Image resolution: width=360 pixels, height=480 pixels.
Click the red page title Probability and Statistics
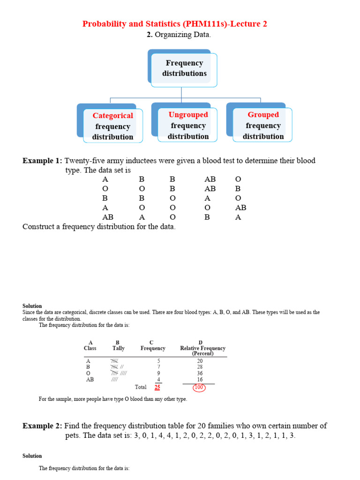pyautogui.click(x=175, y=24)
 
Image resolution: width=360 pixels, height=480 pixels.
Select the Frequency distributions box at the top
pyautogui.click(x=184, y=68)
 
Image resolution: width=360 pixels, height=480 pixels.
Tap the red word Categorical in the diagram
pyautogui.click(x=112, y=116)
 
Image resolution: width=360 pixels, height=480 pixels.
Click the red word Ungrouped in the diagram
pyautogui.click(x=188, y=115)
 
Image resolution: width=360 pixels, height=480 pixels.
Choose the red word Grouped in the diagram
pyautogui.click(x=263, y=115)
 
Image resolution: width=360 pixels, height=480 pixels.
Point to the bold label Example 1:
pyautogui.click(x=42, y=161)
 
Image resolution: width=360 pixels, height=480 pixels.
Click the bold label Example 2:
pyautogui.click(x=42, y=426)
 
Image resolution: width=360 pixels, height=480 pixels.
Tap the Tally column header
pyautogui.click(x=119, y=348)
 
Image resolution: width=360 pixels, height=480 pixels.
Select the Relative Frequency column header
pyautogui.click(x=202, y=348)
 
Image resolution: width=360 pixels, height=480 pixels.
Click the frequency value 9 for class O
pyautogui.click(x=158, y=374)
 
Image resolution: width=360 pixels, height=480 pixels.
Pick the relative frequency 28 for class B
pyautogui.click(x=200, y=367)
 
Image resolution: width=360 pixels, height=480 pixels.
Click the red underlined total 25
pyautogui.click(x=157, y=387)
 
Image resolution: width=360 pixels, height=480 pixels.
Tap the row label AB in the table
pyautogui.click(x=90, y=380)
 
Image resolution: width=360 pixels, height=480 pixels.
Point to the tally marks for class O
pyautogui.click(x=119, y=374)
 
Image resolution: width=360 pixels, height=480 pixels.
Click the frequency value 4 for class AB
pyautogui.click(x=158, y=380)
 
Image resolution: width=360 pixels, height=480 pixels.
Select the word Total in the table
pyautogui.click(x=141, y=387)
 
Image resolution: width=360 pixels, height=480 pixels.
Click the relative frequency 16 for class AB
pyautogui.click(x=200, y=380)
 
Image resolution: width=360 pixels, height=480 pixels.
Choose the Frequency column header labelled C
pyautogui.click(x=153, y=348)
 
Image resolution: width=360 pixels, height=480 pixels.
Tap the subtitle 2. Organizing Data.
pyautogui.click(x=175, y=35)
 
